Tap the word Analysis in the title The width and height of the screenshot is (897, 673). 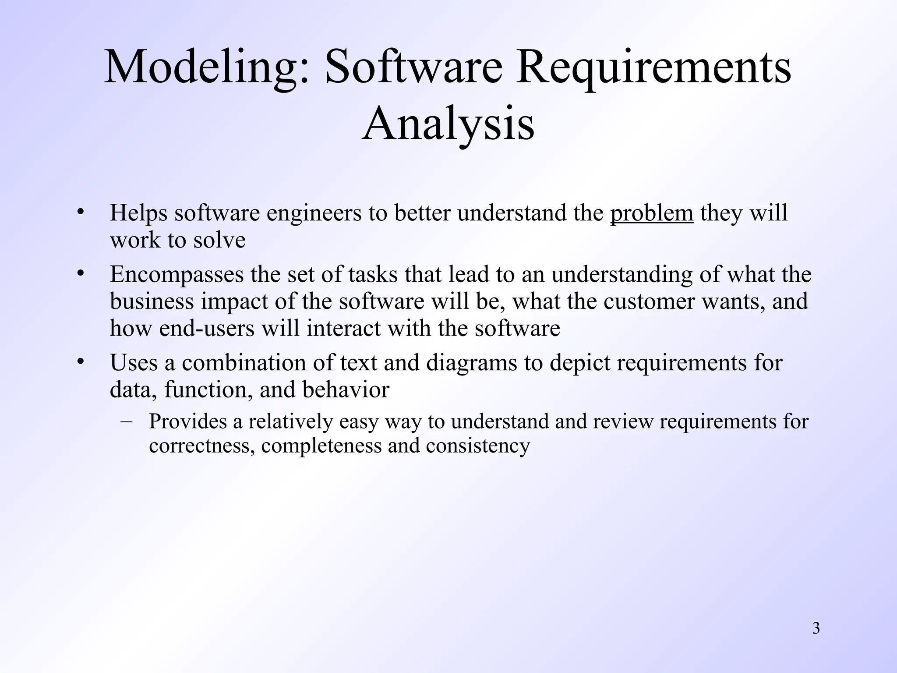tap(448, 124)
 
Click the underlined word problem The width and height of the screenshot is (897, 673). tap(652, 213)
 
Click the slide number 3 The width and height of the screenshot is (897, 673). tap(816, 629)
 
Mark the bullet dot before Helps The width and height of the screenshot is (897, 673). tap(79, 213)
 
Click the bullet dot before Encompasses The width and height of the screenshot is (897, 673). tap(79, 274)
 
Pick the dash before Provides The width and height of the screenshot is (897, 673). tap(127, 421)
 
